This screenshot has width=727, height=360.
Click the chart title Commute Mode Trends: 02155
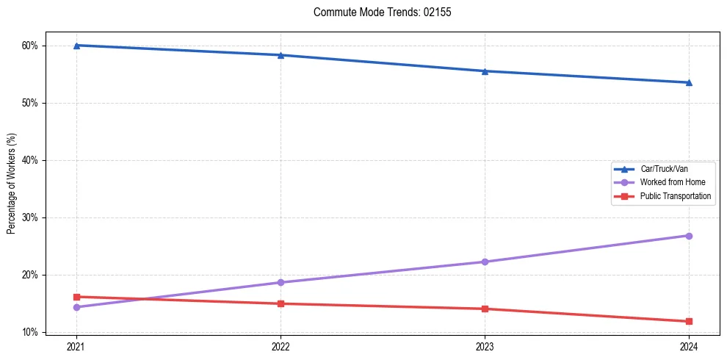377,12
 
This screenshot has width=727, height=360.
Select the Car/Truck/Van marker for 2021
76,46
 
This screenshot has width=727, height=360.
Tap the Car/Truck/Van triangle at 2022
281,55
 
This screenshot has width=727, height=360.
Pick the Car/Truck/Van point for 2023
485,71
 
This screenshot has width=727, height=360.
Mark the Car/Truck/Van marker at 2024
689,82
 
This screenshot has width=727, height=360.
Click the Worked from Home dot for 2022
281,282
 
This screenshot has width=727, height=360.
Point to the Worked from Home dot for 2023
485,262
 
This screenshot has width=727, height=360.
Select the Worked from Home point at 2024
689,236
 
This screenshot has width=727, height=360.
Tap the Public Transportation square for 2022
281,303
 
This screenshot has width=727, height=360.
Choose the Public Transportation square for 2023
485,309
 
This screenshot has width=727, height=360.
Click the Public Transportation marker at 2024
689,321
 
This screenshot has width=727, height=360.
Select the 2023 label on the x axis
485,346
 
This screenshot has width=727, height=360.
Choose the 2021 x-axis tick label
76,346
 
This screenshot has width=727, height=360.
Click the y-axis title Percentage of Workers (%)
12,183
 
